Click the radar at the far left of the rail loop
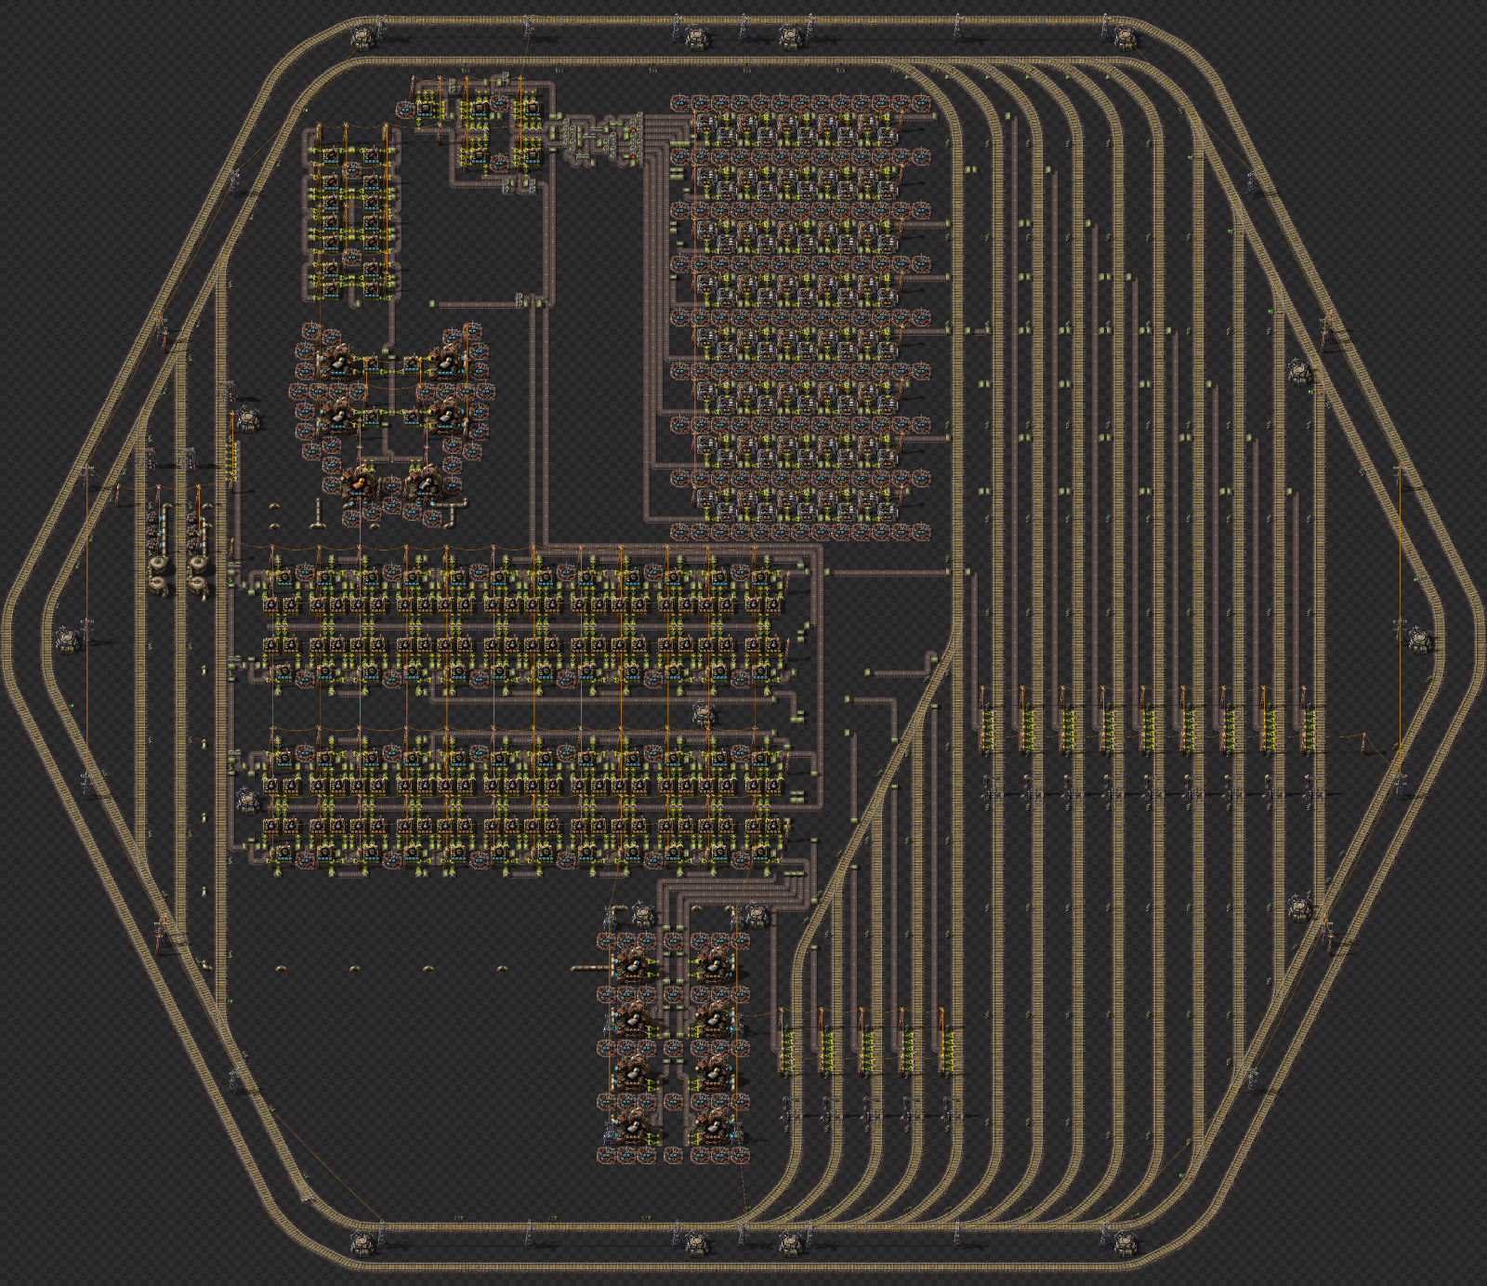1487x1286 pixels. tap(68, 640)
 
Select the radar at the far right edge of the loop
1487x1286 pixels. tap(1419, 640)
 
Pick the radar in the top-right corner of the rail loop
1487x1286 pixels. tap(1125, 37)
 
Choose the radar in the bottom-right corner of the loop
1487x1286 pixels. tap(1125, 1241)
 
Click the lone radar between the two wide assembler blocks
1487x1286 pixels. tap(704, 714)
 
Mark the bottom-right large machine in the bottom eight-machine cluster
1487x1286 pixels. tap(714, 1128)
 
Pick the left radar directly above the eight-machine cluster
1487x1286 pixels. tap(644, 915)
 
